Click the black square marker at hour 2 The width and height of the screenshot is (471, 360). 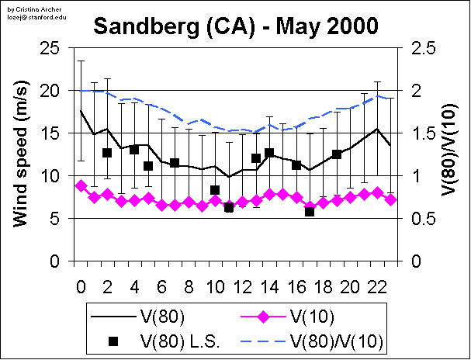click(107, 153)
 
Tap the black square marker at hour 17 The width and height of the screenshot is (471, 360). click(310, 211)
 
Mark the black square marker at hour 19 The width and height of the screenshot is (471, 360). click(337, 154)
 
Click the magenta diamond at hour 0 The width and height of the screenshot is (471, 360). click(81, 185)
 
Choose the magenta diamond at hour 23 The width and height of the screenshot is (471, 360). click(391, 199)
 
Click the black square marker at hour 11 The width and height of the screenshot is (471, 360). click(229, 207)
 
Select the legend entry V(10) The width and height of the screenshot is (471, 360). click(309, 317)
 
